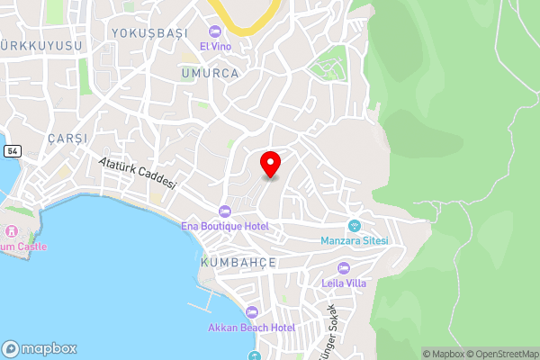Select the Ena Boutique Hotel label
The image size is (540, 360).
pos(224,226)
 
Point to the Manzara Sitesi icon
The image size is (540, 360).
pos(355,226)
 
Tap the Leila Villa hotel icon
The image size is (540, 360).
pos(343,268)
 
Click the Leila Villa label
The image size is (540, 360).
pos(343,283)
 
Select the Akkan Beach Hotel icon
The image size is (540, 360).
pos(251,311)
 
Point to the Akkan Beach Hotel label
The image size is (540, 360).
pos(251,327)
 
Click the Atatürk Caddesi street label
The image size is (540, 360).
pos(137,171)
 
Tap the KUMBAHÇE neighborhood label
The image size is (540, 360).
pos(238,262)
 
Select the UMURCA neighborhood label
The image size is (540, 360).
pos(209,73)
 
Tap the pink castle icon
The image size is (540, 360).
pos(12,231)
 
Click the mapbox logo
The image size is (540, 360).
pos(40,348)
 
